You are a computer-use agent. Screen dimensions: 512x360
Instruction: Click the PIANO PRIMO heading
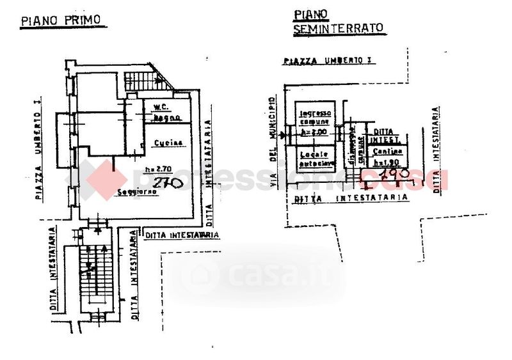[61, 20]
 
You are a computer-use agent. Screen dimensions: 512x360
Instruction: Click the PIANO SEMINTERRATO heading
[338, 21]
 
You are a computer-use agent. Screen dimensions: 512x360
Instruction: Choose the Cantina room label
[388, 151]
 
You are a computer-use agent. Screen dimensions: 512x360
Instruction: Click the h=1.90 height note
[388, 162]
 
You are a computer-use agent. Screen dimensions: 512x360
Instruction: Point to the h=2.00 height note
[314, 132]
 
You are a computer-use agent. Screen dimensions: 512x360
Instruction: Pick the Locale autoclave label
[315, 159]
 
